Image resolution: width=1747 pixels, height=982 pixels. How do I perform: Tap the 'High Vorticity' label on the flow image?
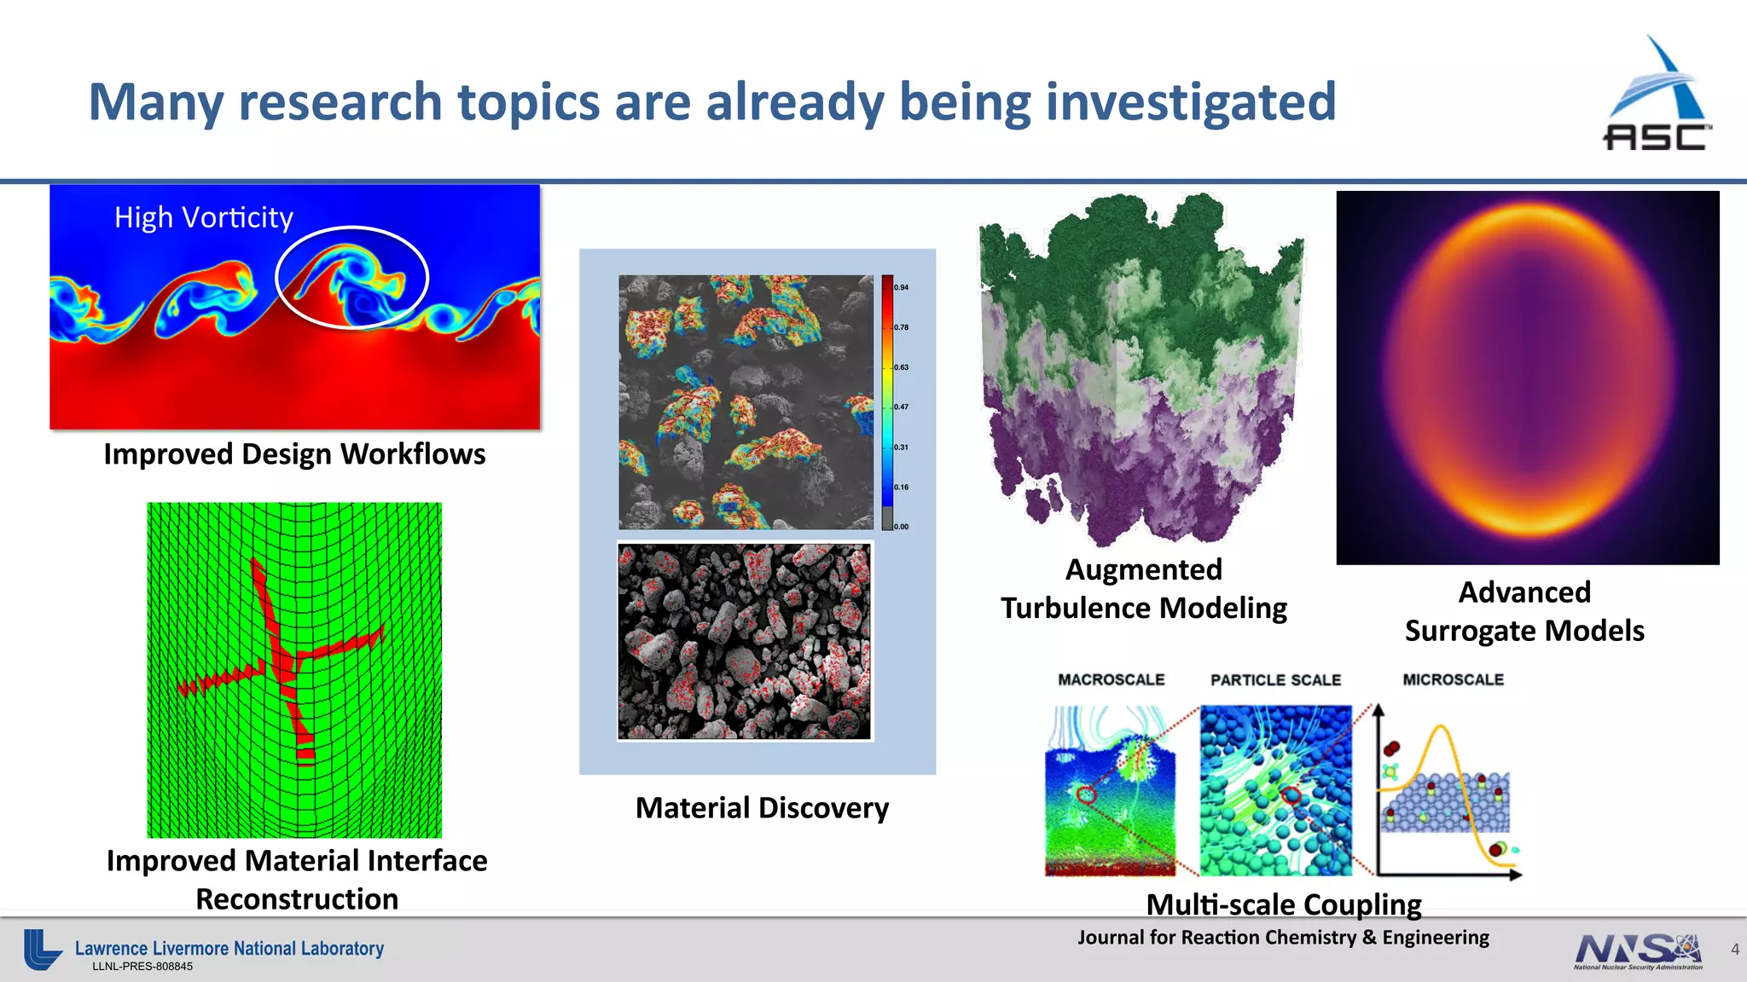[203, 217]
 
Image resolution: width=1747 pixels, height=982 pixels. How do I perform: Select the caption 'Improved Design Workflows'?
[294, 454]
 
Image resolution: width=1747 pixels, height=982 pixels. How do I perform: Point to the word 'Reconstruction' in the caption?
[297, 899]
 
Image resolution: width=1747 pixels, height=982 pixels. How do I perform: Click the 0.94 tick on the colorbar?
[901, 287]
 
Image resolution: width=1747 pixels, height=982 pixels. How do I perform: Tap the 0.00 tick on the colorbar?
[901, 527]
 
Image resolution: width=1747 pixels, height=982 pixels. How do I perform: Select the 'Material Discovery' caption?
[762, 808]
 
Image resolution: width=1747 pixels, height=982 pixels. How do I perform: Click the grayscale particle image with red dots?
[745, 642]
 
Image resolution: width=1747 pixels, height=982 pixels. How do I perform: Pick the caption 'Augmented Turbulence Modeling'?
[1144, 589]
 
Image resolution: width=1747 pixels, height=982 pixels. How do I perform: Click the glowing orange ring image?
[1527, 378]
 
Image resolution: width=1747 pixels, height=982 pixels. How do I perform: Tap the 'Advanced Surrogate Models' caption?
[1524, 611]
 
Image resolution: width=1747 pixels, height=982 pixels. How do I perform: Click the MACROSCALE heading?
[1111, 679]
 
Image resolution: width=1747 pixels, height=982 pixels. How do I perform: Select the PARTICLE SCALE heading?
[1275, 680]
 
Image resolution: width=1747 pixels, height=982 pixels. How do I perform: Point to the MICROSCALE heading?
[1453, 679]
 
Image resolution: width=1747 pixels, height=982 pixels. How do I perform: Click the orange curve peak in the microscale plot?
[1441, 728]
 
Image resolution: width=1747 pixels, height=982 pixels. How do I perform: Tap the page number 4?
[1734, 950]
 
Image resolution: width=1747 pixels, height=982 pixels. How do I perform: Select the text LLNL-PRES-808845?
[142, 967]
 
